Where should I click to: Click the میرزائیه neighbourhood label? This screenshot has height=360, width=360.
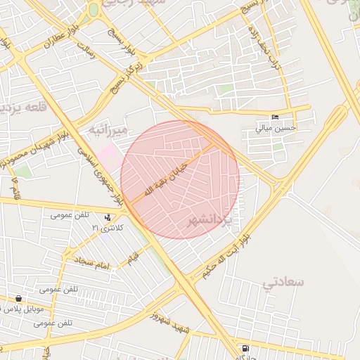(x=107, y=131)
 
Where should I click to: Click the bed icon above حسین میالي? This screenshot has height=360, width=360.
(x=276, y=117)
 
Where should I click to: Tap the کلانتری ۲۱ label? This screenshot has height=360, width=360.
(x=107, y=228)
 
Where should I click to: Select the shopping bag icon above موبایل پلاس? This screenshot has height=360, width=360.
(x=18, y=299)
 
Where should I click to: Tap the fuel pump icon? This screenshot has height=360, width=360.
(x=245, y=348)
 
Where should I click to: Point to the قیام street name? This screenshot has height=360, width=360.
(x=132, y=260)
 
